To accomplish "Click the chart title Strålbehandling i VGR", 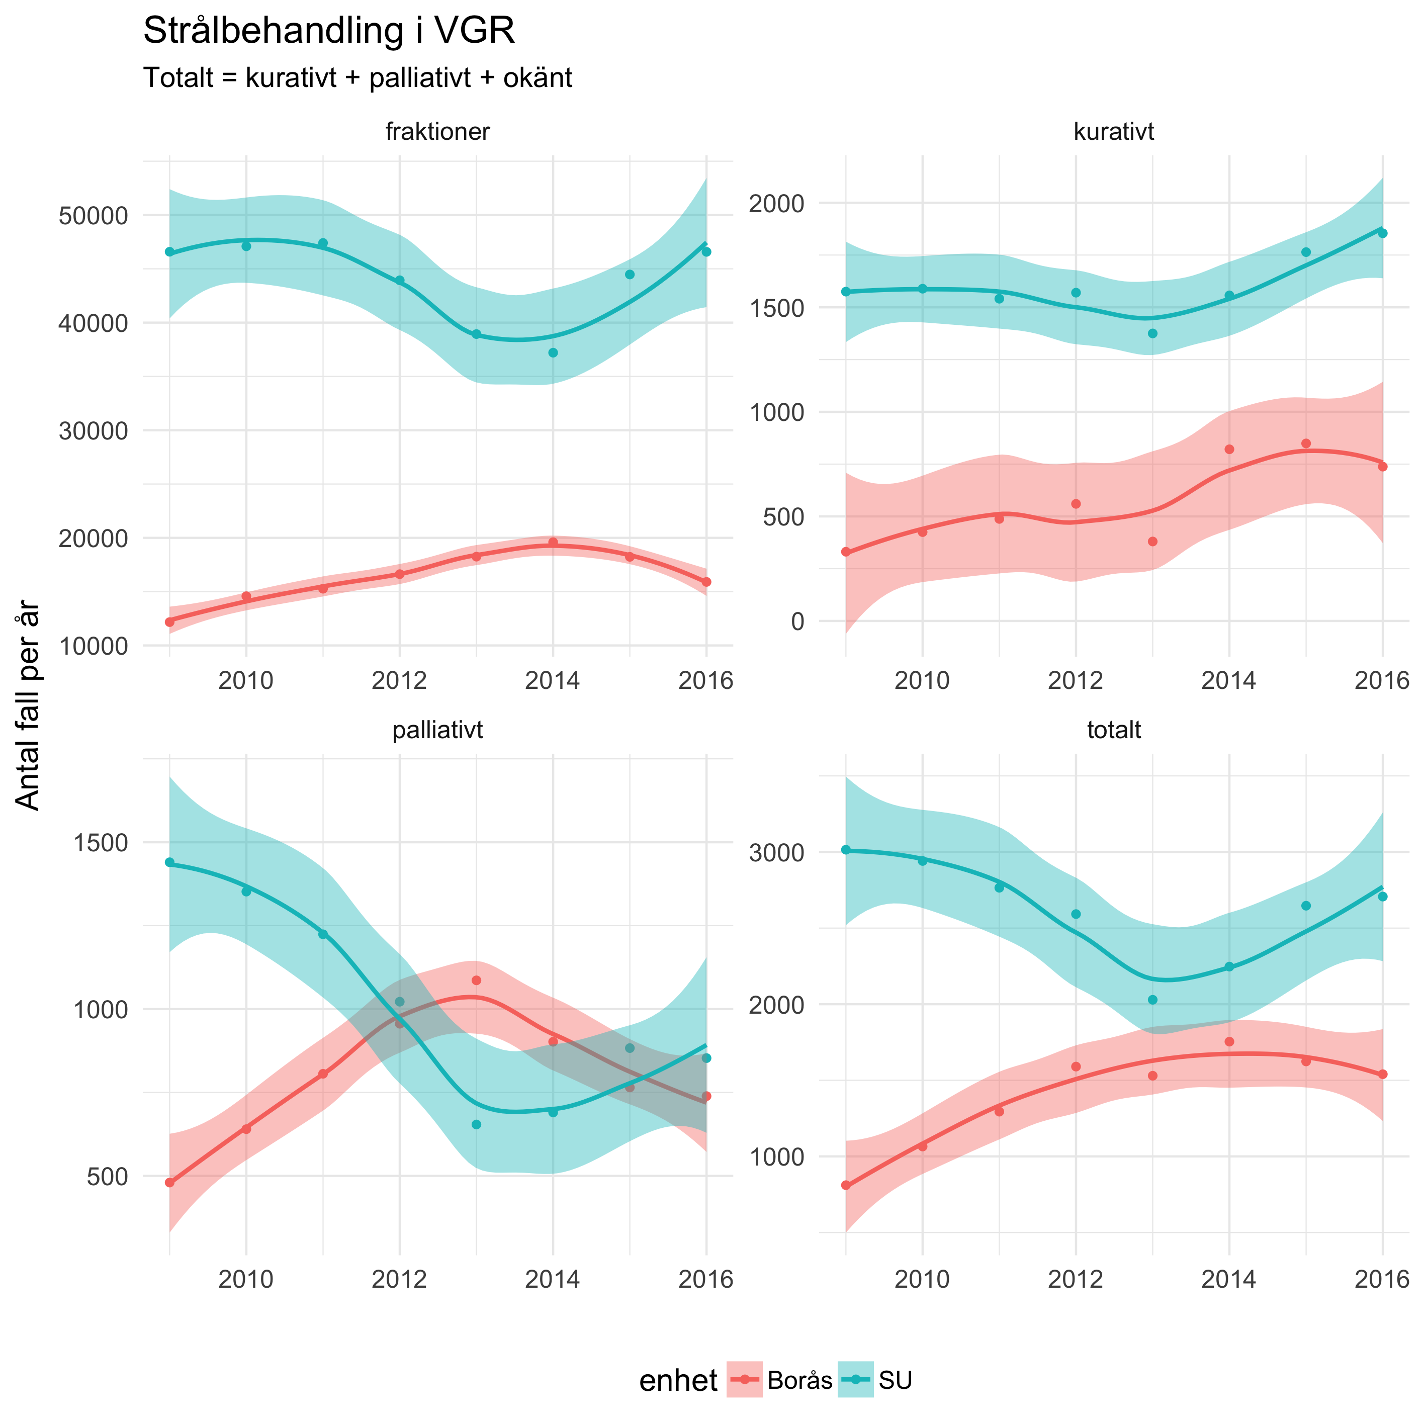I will click(x=328, y=32).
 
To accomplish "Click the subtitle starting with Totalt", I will click(x=358, y=77).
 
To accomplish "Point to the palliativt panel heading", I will click(x=437, y=730).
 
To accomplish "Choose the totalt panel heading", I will click(x=1114, y=730).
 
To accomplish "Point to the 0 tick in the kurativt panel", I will click(x=797, y=621).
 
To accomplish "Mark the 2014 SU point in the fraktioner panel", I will click(x=553, y=352).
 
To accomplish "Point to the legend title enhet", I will click(x=678, y=1381).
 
